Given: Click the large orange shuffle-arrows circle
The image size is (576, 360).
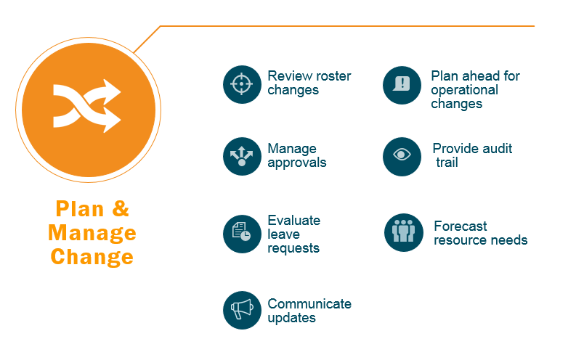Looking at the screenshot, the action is click(x=88, y=110).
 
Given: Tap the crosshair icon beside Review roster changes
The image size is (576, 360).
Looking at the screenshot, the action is click(x=242, y=84).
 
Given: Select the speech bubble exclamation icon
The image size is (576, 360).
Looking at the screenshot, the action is click(x=402, y=85).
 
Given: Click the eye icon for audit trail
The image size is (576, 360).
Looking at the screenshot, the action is click(x=402, y=157).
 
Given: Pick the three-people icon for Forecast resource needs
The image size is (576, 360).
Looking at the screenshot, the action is click(x=404, y=233).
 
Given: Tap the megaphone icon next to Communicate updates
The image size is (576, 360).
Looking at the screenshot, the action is click(x=242, y=310).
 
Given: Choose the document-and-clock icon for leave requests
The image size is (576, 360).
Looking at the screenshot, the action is click(x=242, y=234).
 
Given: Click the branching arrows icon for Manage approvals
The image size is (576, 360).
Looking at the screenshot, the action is click(x=242, y=156).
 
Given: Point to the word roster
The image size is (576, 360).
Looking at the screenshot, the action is click(x=333, y=76).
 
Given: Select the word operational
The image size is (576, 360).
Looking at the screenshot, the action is click(x=464, y=91).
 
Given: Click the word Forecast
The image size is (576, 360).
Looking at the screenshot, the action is click(x=461, y=226).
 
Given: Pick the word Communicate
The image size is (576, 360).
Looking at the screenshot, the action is click(x=309, y=304).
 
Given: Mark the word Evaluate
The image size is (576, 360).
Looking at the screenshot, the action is click(x=294, y=220).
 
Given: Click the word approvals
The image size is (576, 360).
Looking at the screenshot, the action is click(x=297, y=163).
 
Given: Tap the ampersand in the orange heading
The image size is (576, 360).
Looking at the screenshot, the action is click(x=121, y=208).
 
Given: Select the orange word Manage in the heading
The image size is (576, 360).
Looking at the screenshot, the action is click(x=92, y=233).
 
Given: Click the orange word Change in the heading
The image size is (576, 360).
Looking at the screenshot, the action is click(x=92, y=256).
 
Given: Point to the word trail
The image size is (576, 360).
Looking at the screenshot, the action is click(x=447, y=163).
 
